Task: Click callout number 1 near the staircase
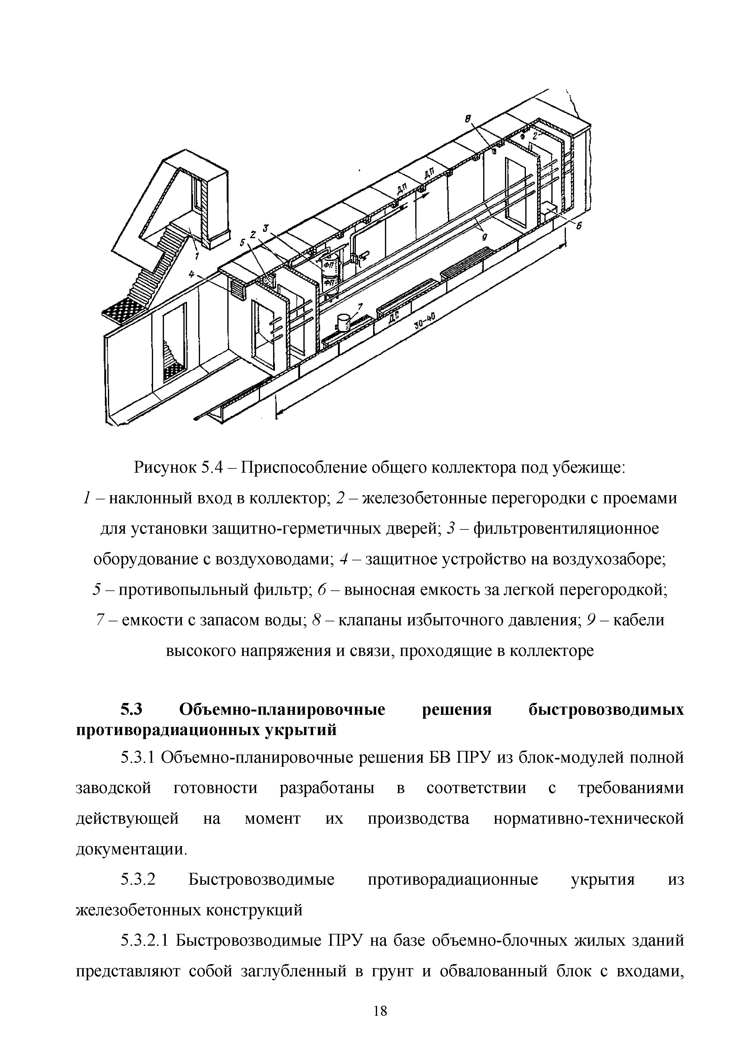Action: pyautogui.click(x=197, y=255)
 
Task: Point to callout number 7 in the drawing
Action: pyautogui.click(x=361, y=306)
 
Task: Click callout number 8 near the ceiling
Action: pyautogui.click(x=468, y=119)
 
